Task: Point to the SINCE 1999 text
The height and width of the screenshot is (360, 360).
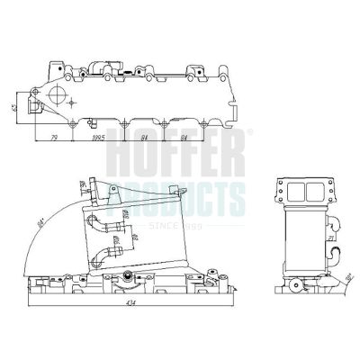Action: point(184,219)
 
